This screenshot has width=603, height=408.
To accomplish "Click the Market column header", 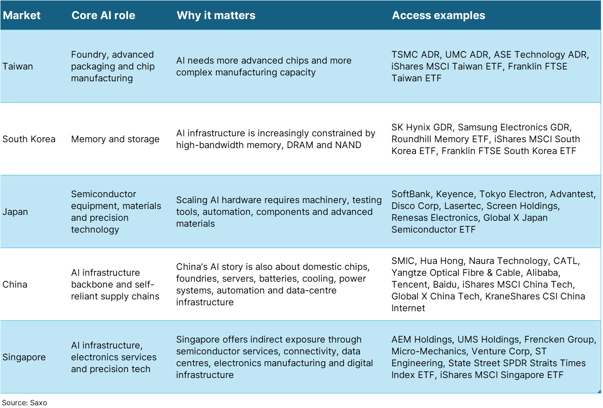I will (x=21, y=15).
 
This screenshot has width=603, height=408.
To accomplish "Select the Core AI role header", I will (x=103, y=15).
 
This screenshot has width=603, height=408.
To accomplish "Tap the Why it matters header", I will (x=216, y=15).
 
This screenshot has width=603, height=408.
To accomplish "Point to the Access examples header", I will (x=438, y=15).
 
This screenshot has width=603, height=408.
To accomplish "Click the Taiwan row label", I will (x=18, y=66).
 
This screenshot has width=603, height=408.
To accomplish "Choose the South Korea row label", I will (x=29, y=139).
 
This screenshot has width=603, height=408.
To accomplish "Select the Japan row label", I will (x=15, y=212).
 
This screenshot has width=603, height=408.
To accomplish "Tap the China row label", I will (x=15, y=284).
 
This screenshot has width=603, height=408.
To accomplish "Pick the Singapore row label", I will (x=24, y=357).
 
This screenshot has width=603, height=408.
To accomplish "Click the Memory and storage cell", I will (x=115, y=139).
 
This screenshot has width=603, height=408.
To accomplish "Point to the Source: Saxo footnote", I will (x=25, y=403).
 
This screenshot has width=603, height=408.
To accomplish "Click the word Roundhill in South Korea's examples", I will (x=411, y=139).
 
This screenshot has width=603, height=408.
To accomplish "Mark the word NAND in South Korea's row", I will (x=348, y=145).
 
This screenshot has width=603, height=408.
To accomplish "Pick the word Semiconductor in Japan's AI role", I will (x=103, y=194).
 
